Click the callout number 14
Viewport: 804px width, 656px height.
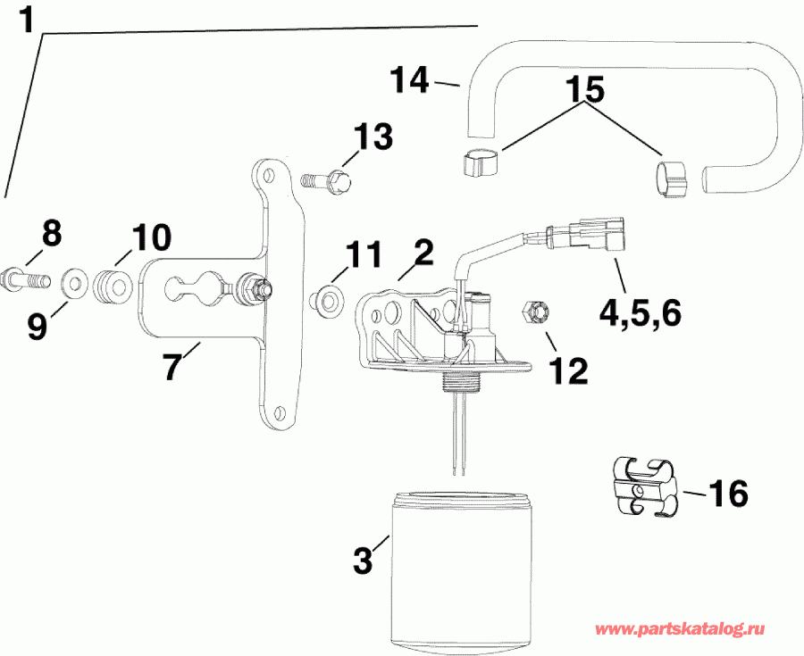(411, 81)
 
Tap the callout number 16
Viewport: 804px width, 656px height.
(728, 493)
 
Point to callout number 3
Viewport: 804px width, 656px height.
(363, 561)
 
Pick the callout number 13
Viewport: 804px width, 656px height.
(372, 138)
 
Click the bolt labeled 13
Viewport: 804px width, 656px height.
(330, 181)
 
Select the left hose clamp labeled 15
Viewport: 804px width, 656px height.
(480, 164)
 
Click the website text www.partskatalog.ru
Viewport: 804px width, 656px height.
(683, 630)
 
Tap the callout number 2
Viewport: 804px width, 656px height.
(423, 253)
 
